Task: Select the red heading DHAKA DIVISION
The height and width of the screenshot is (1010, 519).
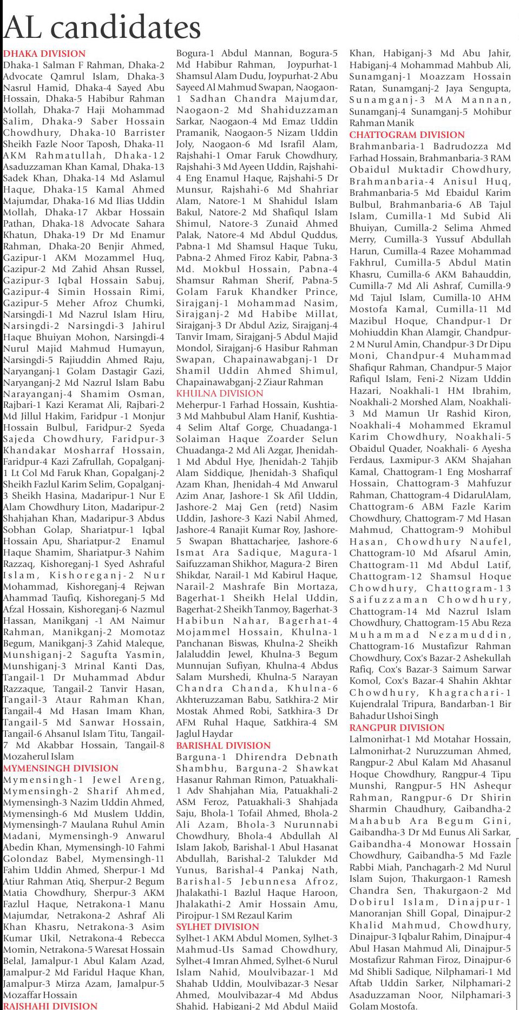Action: (x=44, y=54)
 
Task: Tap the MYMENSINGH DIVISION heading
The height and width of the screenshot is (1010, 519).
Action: (x=61, y=768)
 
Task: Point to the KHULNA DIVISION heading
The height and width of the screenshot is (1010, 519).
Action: (x=220, y=393)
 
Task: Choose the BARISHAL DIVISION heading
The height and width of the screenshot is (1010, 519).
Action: (x=223, y=745)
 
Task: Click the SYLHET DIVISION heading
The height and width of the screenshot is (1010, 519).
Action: (x=218, y=927)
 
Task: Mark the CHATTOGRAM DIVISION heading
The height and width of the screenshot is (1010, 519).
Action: (x=407, y=135)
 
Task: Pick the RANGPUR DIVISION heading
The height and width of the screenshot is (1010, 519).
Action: (x=397, y=728)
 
